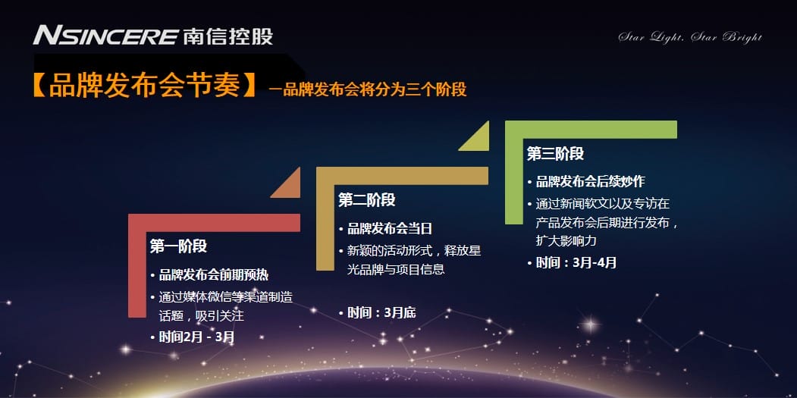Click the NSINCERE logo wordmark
click(105, 36)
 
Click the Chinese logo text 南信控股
click(227, 36)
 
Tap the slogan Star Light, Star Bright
click(690, 37)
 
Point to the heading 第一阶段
click(178, 246)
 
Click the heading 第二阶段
click(366, 200)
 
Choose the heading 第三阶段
click(555, 154)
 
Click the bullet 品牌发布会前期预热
click(214, 275)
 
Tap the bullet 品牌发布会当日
click(389, 229)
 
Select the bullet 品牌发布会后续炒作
click(590, 181)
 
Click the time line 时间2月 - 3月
click(196, 337)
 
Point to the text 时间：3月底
click(381, 313)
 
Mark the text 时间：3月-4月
click(576, 263)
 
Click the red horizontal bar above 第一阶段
click(214, 223)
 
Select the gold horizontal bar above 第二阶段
click(402, 176)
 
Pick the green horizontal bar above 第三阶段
click(591, 129)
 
